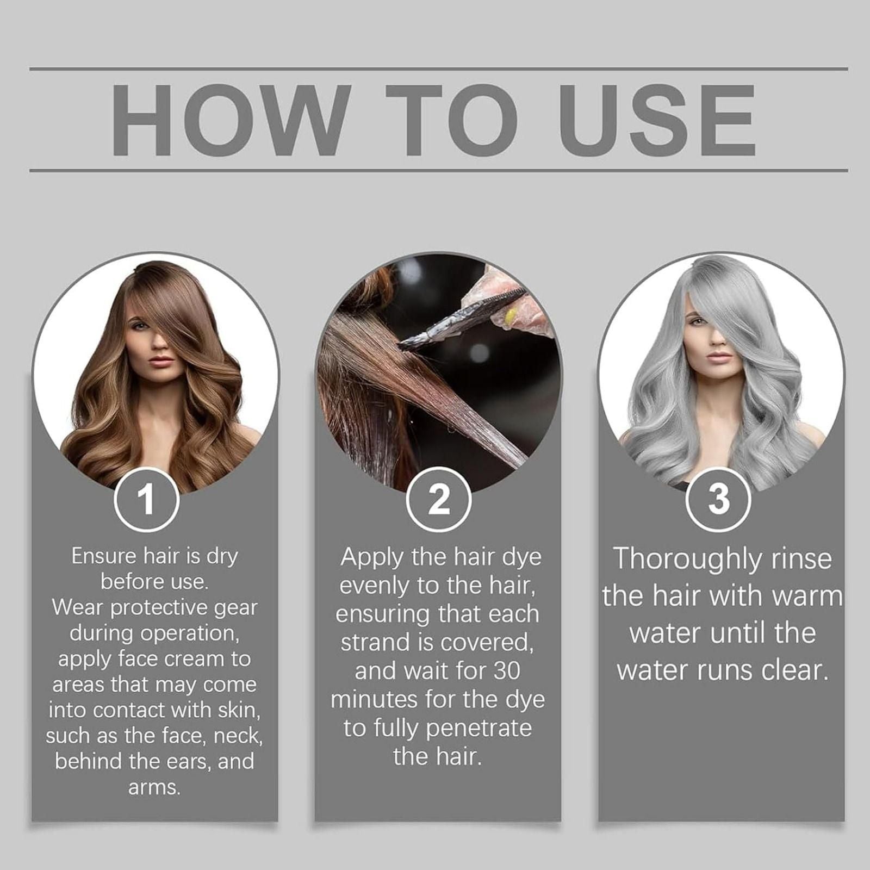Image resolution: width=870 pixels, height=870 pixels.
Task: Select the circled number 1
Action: [x=146, y=500]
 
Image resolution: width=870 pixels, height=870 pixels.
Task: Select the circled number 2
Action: [x=438, y=500]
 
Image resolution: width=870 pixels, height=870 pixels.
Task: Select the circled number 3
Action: [x=718, y=500]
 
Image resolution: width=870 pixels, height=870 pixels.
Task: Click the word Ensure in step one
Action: [x=103, y=556]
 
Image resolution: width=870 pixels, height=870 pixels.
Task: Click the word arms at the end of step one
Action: [x=153, y=787]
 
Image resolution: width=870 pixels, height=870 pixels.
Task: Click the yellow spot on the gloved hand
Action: [x=511, y=315]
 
